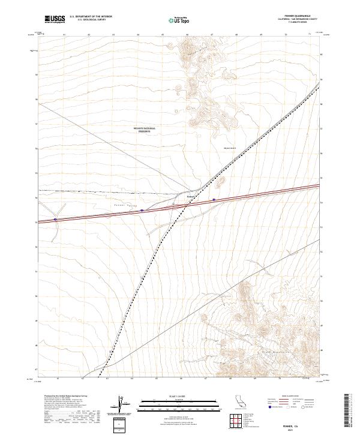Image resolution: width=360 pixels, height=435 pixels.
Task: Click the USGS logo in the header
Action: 55,20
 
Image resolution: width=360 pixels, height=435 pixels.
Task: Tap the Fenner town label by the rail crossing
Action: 191,196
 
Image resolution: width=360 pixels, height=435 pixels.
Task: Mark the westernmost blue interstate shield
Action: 56,219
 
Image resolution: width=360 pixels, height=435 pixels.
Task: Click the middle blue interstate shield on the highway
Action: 142,211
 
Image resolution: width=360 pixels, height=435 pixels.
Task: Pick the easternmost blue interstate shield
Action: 214,200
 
